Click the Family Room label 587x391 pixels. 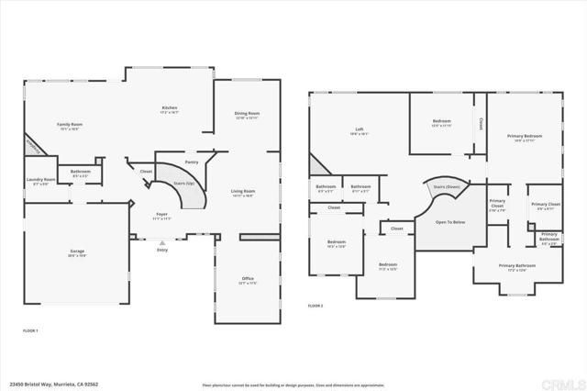70,124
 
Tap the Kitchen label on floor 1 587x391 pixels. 170,108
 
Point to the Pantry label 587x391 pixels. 192,162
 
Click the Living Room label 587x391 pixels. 243,191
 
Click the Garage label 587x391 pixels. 76,250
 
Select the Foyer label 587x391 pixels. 161,214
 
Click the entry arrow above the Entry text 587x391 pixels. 162,242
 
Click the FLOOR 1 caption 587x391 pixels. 30,329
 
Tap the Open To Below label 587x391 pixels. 449,222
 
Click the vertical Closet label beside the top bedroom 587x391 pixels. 481,121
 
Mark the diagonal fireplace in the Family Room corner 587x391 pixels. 33,145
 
